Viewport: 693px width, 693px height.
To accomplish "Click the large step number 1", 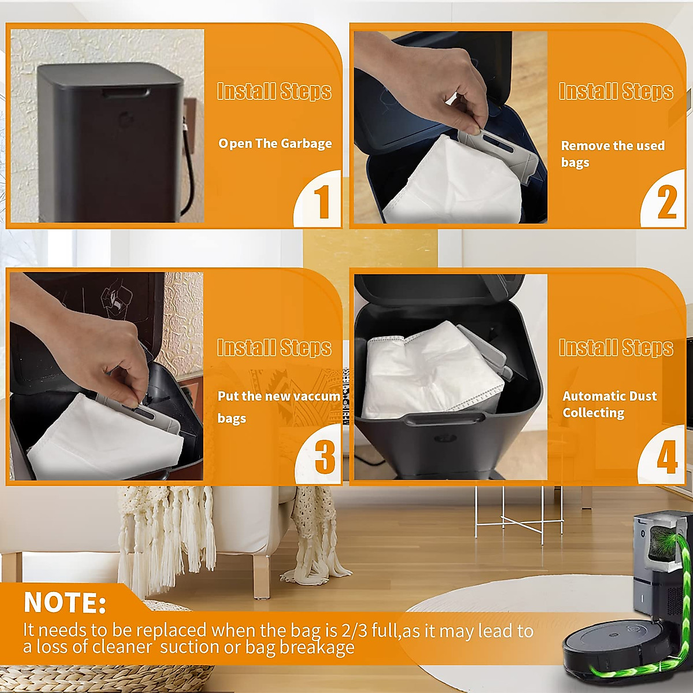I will [321, 202].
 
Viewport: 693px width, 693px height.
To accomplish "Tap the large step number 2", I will [666, 202].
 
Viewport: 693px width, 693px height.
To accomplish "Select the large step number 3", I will [325, 457].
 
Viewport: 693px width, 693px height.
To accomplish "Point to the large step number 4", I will [666, 458].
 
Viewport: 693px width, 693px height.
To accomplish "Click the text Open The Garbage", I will [275, 144].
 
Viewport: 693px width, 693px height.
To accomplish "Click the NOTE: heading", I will [65, 603].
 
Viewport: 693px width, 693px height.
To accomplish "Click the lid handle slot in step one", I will [126, 92].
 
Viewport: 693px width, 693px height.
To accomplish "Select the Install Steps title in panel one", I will [274, 91].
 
